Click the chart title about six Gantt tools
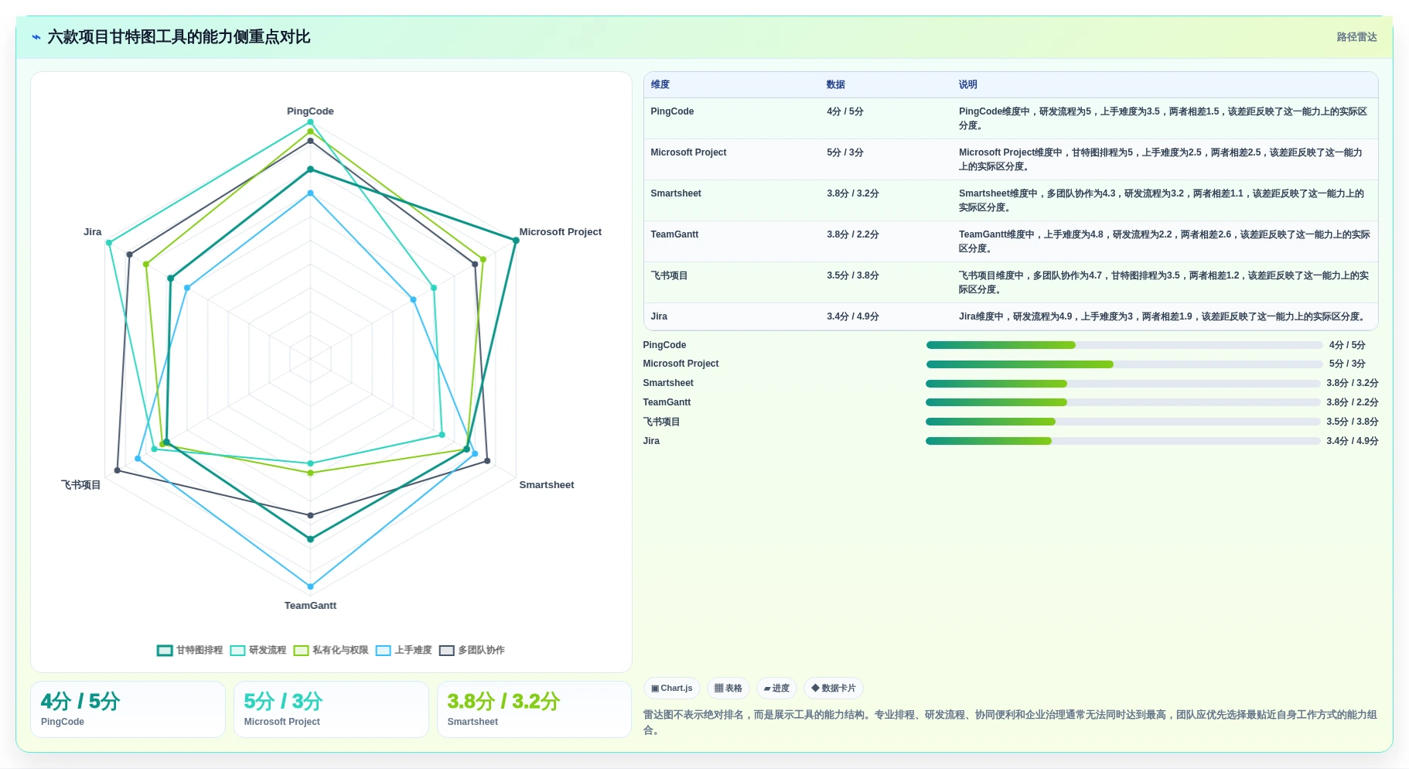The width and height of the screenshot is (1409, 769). click(179, 37)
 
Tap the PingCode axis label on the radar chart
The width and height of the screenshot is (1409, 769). click(310, 111)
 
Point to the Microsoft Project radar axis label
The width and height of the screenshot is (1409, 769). click(560, 232)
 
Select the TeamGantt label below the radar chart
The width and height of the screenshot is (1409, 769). click(310, 606)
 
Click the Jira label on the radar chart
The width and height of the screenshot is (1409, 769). click(93, 232)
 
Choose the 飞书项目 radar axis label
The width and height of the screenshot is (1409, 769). click(81, 485)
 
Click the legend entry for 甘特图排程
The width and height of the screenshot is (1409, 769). click(190, 651)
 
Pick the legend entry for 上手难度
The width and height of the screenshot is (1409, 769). click(404, 651)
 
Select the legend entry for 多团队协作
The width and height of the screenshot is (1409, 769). click(472, 651)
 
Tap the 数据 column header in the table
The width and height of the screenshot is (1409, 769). click(835, 85)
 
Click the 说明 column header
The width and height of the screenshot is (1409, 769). click(967, 85)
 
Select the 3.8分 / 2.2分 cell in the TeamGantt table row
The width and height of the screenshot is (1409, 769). click(852, 234)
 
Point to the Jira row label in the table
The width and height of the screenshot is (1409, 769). click(659, 316)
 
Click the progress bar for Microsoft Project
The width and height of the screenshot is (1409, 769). click(1124, 364)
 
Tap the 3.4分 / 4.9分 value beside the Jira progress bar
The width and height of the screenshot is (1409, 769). click(1352, 441)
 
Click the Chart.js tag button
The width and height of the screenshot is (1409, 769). click(672, 689)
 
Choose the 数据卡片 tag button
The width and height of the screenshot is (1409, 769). click(834, 689)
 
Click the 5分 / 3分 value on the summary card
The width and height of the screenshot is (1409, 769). click(283, 702)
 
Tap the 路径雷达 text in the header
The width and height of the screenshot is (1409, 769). click(1356, 37)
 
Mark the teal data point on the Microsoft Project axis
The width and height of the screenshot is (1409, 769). click(516, 241)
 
